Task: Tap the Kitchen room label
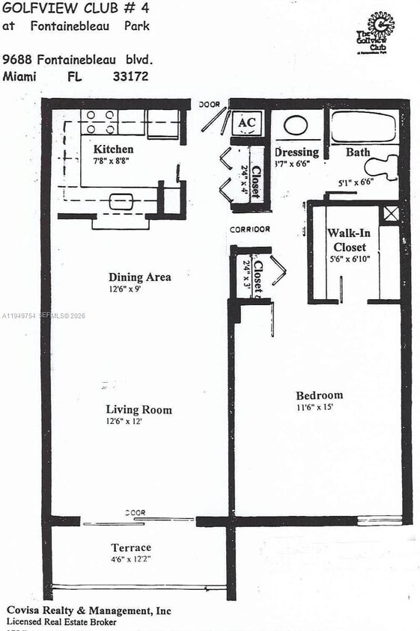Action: pyautogui.click(x=113, y=149)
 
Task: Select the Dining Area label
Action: pyautogui.click(x=139, y=277)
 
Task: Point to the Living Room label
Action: pyautogui.click(x=139, y=409)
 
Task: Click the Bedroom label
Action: pyautogui.click(x=319, y=395)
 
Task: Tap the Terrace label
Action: pyautogui.click(x=131, y=547)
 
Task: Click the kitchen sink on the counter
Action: pyautogui.click(x=121, y=201)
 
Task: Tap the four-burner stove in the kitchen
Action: pyautogui.click(x=100, y=122)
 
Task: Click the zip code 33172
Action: pyautogui.click(x=130, y=76)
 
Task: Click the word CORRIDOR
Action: pyautogui.click(x=250, y=229)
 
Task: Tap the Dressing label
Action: pyautogui.click(x=297, y=152)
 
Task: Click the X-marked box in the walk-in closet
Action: pyautogui.click(x=390, y=213)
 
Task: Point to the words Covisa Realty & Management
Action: pyautogui.click(x=88, y=611)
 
